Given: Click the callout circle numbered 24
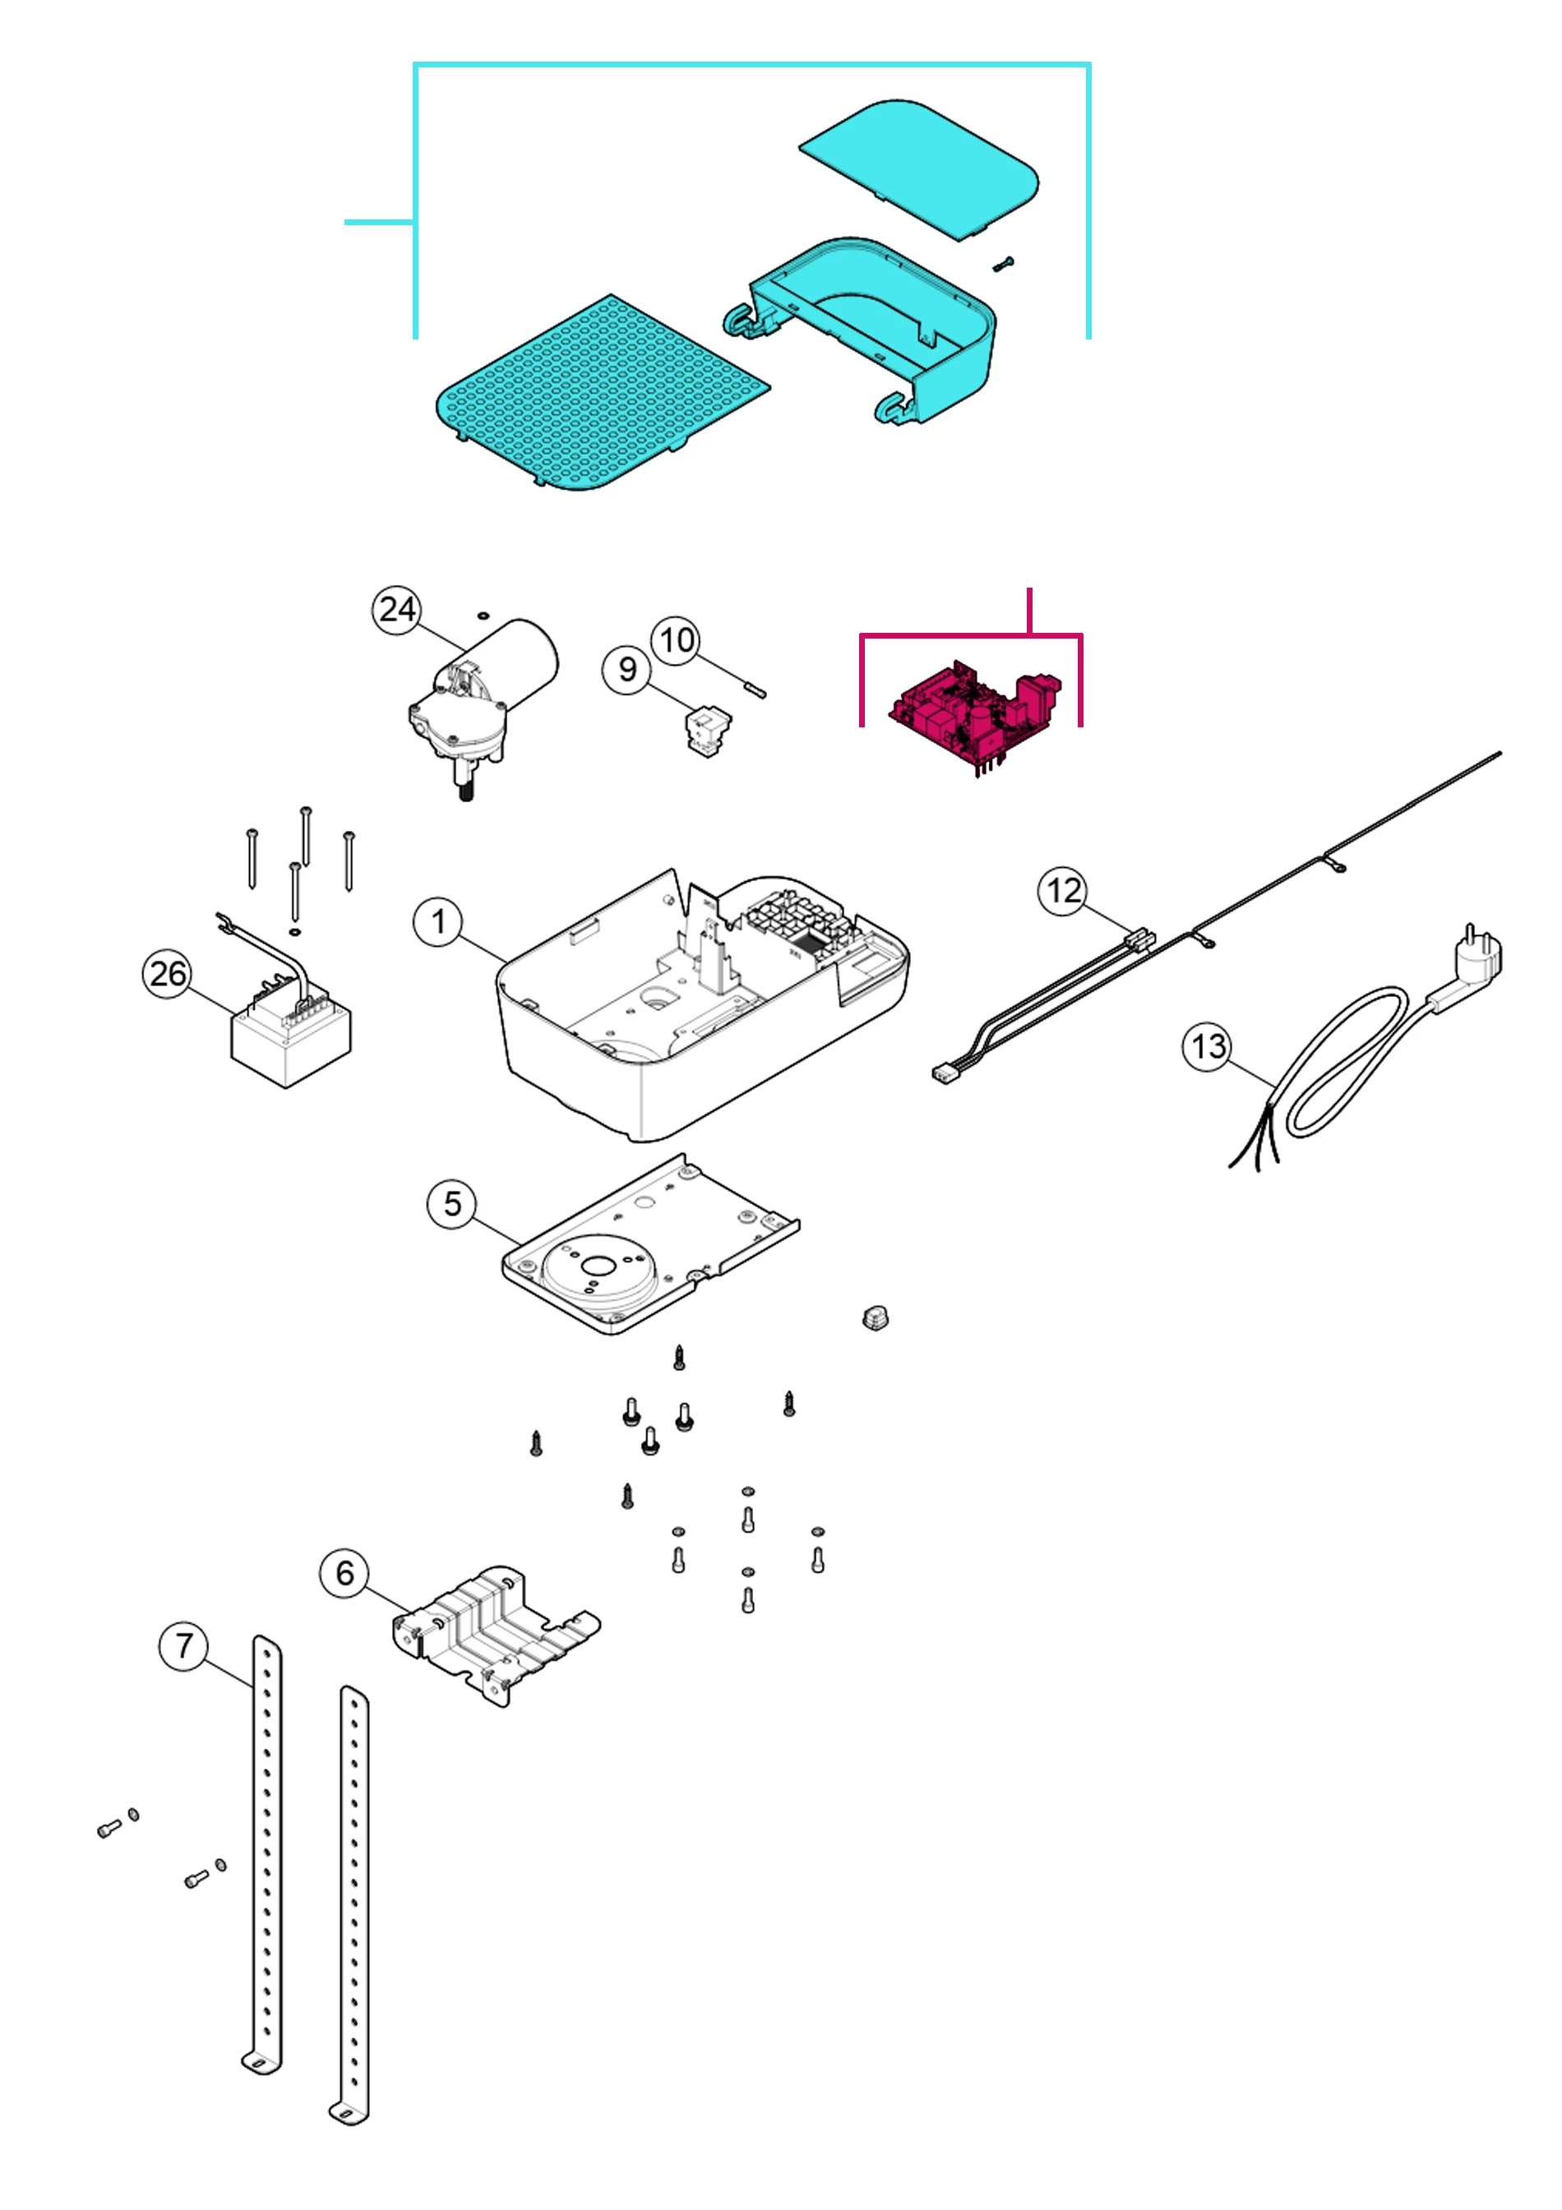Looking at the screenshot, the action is [397, 611].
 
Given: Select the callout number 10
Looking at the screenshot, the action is [676, 640].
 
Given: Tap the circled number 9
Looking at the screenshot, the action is [627, 669].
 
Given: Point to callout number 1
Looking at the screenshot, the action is [438, 922].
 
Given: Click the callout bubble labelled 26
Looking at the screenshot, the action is [168, 973].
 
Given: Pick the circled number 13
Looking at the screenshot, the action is [1208, 1046].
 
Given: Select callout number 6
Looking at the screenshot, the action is [344, 1574].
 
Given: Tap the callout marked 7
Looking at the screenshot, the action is [184, 1647].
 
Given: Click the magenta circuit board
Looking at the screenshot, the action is [973, 714].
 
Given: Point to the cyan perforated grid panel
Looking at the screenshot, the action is [602, 392].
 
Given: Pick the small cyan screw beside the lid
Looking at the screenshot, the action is [1004, 263].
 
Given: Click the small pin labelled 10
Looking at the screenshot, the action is [755, 688].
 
